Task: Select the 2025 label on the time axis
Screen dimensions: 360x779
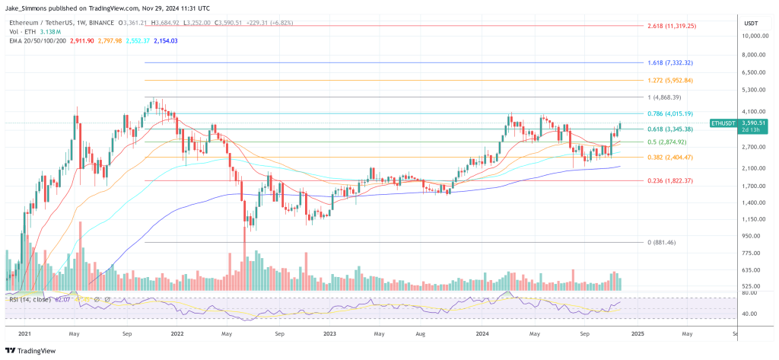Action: click(638, 333)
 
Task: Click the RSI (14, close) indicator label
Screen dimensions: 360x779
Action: click(27, 298)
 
